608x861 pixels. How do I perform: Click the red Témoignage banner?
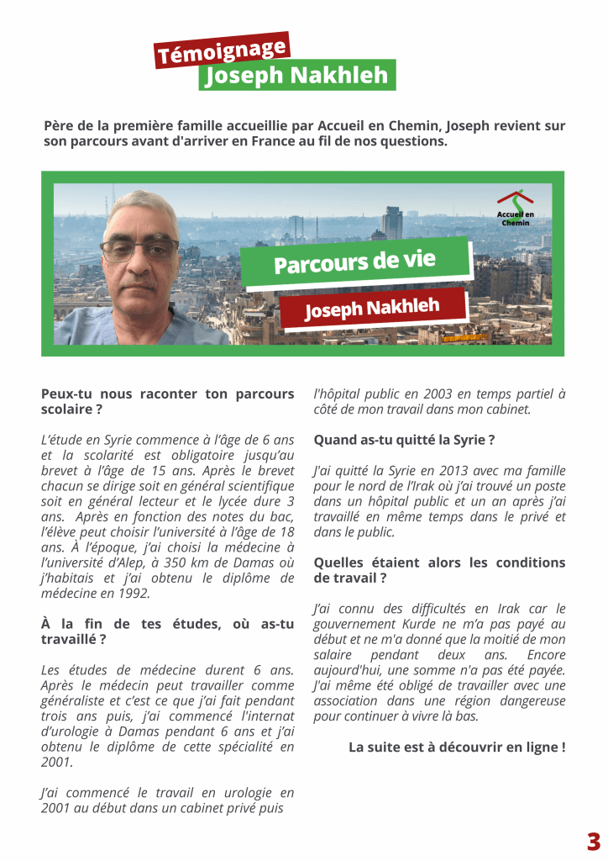221,50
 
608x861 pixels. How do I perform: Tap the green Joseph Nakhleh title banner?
297,76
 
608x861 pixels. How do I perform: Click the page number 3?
593,841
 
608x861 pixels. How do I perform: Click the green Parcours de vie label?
354,262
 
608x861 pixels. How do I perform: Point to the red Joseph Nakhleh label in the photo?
372,307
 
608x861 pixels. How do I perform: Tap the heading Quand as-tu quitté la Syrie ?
404,440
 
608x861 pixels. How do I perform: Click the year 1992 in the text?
134,593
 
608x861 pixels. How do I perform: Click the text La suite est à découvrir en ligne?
457,747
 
